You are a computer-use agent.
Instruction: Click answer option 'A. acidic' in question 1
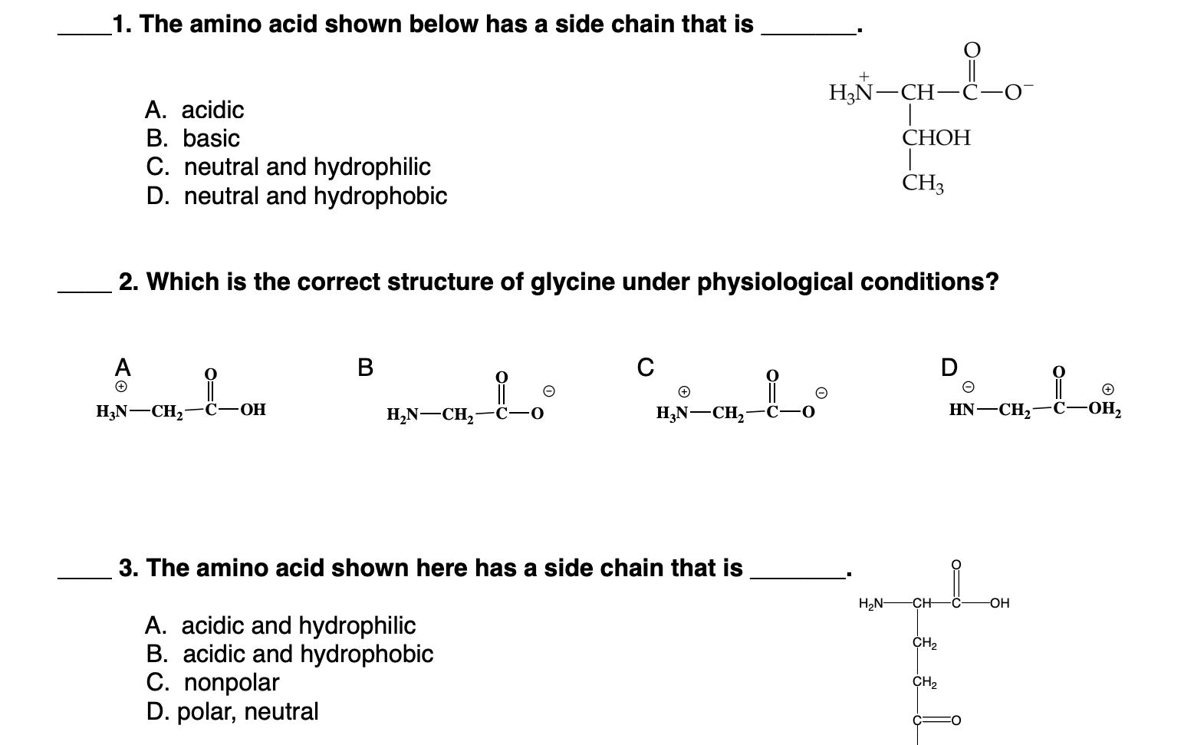point(194,110)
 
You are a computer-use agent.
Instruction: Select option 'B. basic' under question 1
point(192,139)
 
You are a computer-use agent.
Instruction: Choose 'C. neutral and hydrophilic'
point(288,167)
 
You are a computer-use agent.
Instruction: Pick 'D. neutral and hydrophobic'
point(296,196)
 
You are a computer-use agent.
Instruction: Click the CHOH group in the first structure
point(936,138)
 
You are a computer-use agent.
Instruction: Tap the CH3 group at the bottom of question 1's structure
point(923,183)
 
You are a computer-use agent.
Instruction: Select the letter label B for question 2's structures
point(365,367)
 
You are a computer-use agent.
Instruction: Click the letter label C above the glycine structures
point(646,367)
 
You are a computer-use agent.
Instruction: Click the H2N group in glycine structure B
point(403,415)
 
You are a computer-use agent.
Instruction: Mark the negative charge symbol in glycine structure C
point(821,393)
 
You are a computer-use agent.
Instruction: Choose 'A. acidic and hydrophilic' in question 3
point(280,626)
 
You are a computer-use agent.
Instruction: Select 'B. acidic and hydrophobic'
point(289,654)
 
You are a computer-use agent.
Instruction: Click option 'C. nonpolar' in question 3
point(212,683)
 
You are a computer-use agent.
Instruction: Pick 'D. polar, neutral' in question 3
point(232,712)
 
